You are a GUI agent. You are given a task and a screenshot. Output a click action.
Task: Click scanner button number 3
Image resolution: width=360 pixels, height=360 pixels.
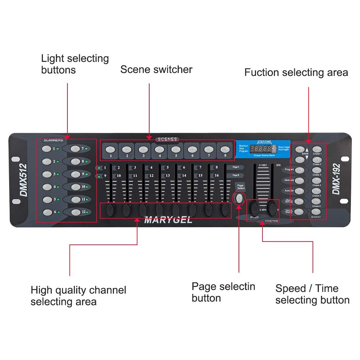click(47, 174)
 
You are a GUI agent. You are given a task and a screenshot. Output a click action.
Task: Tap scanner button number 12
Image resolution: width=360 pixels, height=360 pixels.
click(76, 212)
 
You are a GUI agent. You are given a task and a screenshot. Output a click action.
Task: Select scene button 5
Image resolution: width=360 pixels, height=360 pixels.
click(175, 149)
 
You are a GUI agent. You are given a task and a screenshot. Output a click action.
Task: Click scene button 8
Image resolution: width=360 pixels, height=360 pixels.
click(225, 149)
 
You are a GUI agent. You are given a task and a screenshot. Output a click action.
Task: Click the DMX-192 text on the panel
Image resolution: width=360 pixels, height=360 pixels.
click(336, 179)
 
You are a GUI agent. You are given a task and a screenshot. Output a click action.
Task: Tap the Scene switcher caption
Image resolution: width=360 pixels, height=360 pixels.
click(156, 69)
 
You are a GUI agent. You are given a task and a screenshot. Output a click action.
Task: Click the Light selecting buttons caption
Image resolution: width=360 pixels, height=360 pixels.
click(75, 64)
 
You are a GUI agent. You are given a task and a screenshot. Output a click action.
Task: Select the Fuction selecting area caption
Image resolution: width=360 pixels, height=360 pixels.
click(296, 72)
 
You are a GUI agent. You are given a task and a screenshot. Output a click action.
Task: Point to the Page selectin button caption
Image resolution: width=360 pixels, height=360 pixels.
click(223, 292)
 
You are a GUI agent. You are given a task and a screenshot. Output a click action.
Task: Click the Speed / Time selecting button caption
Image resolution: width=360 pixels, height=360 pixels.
click(312, 294)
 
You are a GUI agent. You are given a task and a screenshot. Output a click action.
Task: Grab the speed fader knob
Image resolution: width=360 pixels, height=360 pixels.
click(255, 208)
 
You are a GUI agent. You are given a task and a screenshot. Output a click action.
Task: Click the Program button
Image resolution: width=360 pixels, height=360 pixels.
click(300, 170)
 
